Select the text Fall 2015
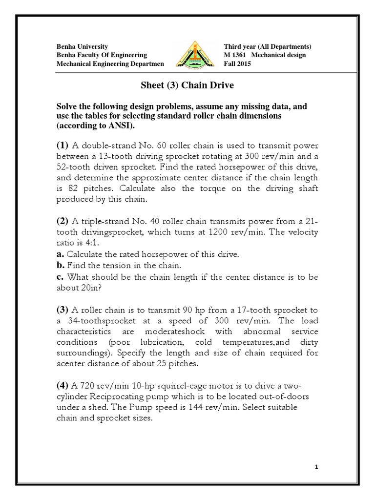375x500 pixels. coord(238,64)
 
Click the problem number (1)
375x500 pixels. coord(63,145)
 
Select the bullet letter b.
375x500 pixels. coord(61,265)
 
